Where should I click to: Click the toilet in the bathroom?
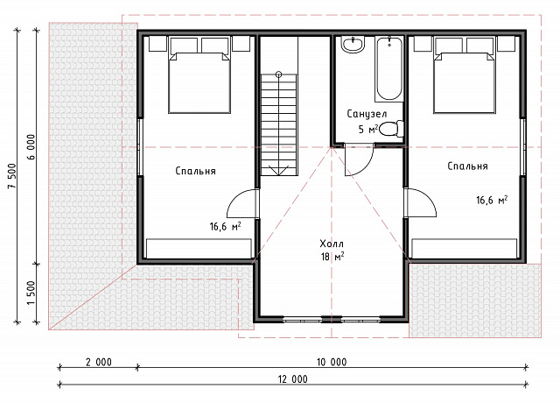tap(391, 129)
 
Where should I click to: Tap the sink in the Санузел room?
tap(353, 45)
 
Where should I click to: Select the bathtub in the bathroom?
tap(388, 68)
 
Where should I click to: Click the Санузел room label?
tap(367, 114)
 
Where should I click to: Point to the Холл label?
tap(332, 244)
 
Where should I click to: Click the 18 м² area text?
tap(332, 257)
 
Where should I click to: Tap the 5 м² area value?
tap(367, 129)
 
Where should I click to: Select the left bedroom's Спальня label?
tap(196, 171)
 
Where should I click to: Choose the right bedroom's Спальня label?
tap(467, 166)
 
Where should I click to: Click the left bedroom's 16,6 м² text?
tap(225, 226)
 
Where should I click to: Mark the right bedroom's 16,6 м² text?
tap(492, 200)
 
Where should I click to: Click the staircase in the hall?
tap(279, 124)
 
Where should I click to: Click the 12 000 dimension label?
tap(293, 379)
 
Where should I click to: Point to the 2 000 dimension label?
tap(99, 362)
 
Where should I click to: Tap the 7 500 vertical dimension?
tap(11, 176)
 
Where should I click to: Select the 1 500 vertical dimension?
tap(31, 293)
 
